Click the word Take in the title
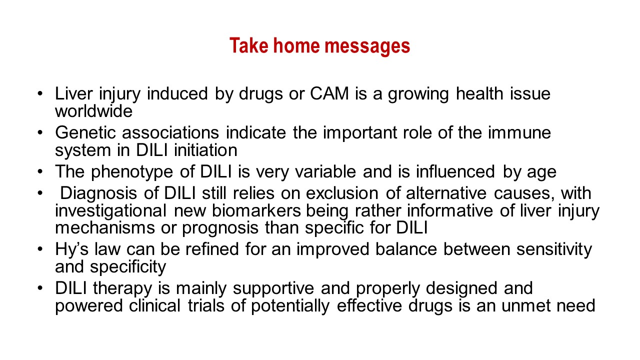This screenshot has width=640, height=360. (249, 45)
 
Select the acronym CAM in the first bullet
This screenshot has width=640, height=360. (329, 93)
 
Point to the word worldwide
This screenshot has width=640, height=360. (93, 111)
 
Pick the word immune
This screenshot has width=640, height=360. (519, 132)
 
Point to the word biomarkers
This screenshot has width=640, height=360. (256, 210)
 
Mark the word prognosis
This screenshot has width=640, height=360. (220, 229)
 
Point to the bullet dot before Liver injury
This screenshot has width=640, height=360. (40, 93)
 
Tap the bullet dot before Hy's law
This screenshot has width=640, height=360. (40, 249)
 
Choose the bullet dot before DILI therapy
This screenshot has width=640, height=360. (40, 287)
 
